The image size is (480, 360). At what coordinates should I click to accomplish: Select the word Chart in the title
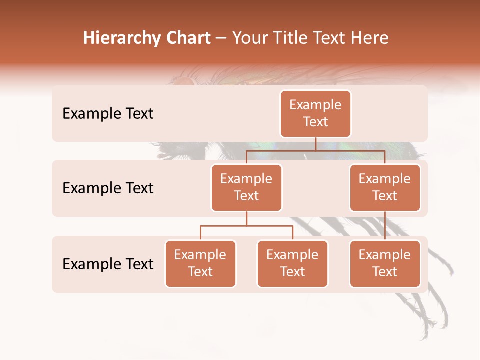tap(185, 38)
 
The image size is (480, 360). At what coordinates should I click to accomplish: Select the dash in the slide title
tap(221, 39)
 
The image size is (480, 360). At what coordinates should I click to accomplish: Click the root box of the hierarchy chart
tap(315, 113)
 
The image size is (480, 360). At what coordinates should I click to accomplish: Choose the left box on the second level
tap(246, 187)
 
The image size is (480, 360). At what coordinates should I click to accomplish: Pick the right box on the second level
tap(385, 187)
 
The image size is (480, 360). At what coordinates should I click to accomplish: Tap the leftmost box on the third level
tap(200, 263)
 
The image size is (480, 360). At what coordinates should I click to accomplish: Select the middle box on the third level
tap(292, 263)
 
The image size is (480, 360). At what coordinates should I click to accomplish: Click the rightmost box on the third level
tap(385, 263)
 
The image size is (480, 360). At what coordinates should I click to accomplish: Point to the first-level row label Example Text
tap(108, 114)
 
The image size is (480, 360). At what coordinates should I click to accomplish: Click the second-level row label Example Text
tap(108, 188)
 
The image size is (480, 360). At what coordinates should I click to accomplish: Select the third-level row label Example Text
tap(108, 264)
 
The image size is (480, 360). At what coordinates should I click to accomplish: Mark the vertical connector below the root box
tap(315, 144)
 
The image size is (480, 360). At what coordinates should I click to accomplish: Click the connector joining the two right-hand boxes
tap(385, 225)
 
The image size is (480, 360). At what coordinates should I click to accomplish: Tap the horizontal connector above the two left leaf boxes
tap(246, 226)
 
